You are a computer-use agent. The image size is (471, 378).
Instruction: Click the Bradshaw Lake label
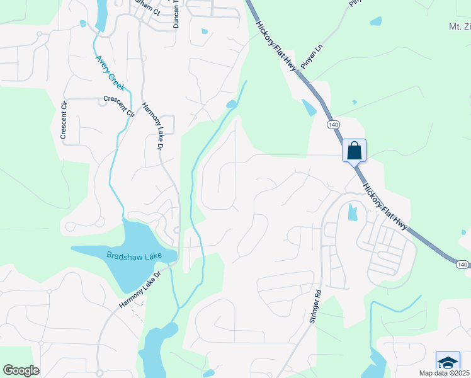click(133, 255)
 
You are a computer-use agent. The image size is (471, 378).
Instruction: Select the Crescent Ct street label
click(63, 120)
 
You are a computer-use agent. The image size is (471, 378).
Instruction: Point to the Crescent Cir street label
click(120, 105)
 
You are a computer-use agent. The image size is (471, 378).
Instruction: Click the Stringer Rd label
click(315, 306)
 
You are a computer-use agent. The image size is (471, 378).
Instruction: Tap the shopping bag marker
click(354, 151)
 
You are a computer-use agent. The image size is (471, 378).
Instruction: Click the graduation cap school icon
click(448, 363)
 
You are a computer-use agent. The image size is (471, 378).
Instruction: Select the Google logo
click(21, 370)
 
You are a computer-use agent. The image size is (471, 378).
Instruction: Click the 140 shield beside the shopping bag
click(333, 125)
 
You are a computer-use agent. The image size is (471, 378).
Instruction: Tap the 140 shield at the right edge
click(462, 265)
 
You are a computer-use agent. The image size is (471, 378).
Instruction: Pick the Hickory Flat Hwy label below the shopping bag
click(384, 205)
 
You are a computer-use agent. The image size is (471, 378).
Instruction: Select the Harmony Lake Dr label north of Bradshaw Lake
click(152, 126)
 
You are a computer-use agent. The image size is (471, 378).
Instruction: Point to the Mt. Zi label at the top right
click(458, 26)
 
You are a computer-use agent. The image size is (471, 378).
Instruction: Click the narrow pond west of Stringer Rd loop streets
click(351, 213)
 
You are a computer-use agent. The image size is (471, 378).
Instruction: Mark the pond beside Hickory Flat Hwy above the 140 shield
click(309, 108)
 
